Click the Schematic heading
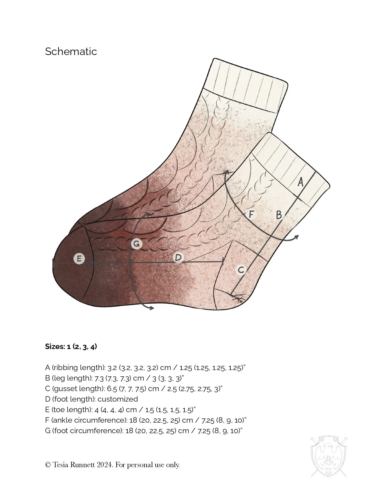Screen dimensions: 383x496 point(71,51)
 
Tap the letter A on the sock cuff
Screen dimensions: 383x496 point(300,182)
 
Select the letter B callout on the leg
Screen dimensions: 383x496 point(279,215)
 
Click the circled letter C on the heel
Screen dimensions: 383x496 point(241,270)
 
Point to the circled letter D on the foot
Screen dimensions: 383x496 point(178,257)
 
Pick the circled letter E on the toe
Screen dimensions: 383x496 point(79,259)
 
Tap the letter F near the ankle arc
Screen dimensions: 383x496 point(251,214)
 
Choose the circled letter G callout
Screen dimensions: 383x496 point(136,244)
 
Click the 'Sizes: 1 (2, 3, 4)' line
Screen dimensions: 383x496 point(71,347)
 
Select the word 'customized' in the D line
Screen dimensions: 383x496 point(118,399)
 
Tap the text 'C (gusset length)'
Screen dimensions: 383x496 point(74,389)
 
